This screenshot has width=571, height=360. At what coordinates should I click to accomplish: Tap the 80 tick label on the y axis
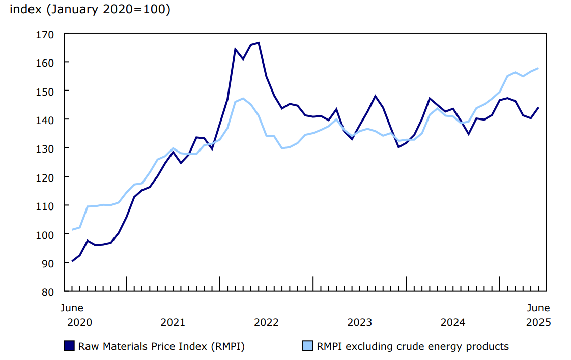point(48,292)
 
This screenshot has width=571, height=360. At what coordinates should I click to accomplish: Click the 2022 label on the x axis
point(266,322)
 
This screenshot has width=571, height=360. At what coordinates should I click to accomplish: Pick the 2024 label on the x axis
point(453,322)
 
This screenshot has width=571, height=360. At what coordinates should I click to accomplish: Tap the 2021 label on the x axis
point(173,322)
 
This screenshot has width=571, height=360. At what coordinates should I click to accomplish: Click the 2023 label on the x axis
point(360,322)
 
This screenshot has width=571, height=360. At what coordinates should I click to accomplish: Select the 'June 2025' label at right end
point(538,315)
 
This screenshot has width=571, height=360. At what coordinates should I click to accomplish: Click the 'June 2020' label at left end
point(72,315)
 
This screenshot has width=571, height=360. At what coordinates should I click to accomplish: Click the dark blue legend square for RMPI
point(69,346)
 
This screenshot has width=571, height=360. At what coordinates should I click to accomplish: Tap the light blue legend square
point(308,346)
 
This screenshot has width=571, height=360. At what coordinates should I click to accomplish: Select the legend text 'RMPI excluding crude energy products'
point(413,347)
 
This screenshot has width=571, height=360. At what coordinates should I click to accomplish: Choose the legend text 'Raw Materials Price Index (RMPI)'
point(161,347)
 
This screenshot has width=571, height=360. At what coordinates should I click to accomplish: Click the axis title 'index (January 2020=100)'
point(90,10)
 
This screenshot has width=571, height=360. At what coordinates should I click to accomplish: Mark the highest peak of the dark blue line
point(259,43)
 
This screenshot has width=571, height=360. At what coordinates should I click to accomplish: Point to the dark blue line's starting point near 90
point(72,261)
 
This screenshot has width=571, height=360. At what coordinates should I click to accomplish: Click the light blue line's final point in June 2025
point(538,68)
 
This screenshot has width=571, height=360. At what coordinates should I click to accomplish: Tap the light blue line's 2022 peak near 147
point(243,98)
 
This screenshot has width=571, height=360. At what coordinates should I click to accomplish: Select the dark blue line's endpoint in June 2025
point(538,107)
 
